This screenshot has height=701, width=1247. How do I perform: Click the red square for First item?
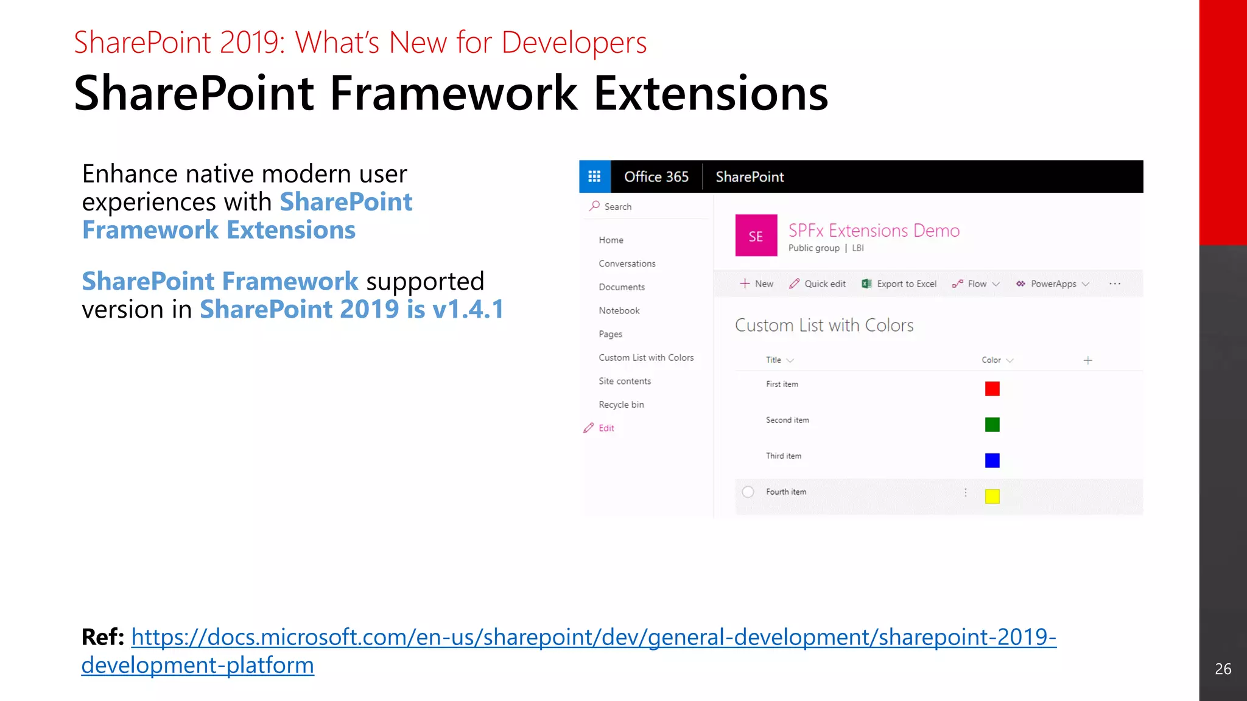(x=992, y=389)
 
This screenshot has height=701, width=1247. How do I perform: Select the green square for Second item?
(x=992, y=425)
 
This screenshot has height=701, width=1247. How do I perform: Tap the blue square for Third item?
(x=992, y=461)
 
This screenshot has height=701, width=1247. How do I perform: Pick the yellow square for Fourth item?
(x=992, y=497)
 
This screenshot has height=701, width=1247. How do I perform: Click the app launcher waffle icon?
(x=594, y=176)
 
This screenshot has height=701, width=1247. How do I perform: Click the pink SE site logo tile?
(x=756, y=235)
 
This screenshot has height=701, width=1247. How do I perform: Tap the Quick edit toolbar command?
(x=817, y=284)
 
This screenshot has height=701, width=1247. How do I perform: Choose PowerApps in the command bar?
(x=1052, y=284)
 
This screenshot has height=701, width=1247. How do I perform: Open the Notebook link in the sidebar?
(x=619, y=310)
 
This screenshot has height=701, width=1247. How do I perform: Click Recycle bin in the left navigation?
(x=621, y=405)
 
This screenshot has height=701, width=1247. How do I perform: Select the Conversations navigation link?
(x=627, y=263)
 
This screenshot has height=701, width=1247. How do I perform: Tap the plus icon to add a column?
(x=1087, y=360)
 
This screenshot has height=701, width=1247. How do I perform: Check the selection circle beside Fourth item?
(x=748, y=492)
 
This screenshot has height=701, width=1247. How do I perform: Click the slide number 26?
(x=1223, y=669)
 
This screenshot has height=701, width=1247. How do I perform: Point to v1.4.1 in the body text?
(x=468, y=309)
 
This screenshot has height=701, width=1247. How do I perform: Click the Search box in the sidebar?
(x=645, y=207)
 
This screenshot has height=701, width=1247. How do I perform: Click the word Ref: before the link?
(x=103, y=637)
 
